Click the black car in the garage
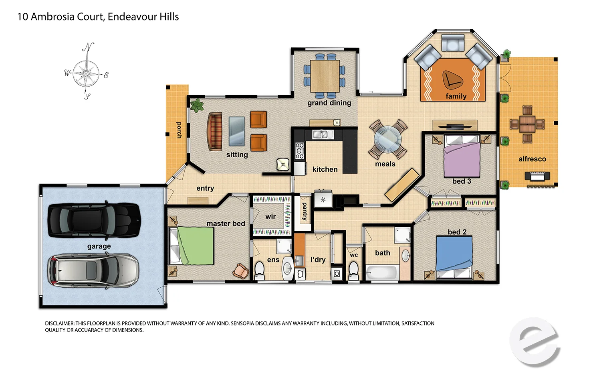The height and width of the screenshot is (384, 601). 94,220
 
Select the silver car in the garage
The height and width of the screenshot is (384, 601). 93,270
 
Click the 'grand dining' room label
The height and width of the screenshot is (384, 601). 329,103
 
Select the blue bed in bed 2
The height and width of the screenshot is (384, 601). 454,253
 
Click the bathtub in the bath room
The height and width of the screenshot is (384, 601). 381,273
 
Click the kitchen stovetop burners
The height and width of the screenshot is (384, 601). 300,151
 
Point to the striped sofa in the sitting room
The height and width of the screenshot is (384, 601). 215,131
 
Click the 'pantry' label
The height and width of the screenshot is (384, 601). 304,211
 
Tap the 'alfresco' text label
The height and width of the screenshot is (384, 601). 532,159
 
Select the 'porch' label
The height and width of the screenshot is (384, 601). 179,130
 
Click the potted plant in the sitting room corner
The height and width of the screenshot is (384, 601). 197,106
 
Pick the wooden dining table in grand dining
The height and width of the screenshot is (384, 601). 325,76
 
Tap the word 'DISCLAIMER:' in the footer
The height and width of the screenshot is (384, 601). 59,323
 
